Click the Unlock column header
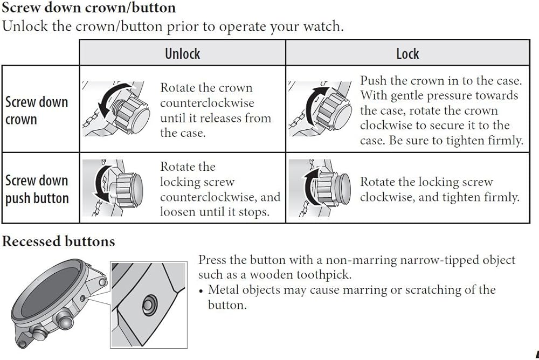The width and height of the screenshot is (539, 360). (x=182, y=53)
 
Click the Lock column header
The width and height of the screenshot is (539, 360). (x=407, y=53)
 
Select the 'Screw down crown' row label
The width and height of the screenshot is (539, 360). (x=37, y=110)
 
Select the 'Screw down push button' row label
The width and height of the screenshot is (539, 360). (x=37, y=189)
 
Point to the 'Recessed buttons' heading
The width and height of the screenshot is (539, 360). (x=58, y=241)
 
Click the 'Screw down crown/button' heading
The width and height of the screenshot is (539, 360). (x=89, y=8)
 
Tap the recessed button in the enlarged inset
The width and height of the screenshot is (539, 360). (x=148, y=305)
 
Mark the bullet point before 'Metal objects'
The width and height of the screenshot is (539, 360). (x=201, y=291)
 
